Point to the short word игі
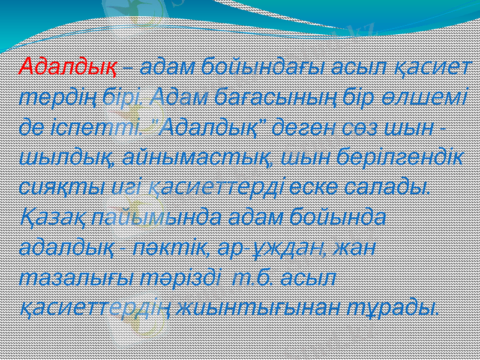pos(122,188)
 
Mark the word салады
pos(391,188)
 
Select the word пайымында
pos(155,218)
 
